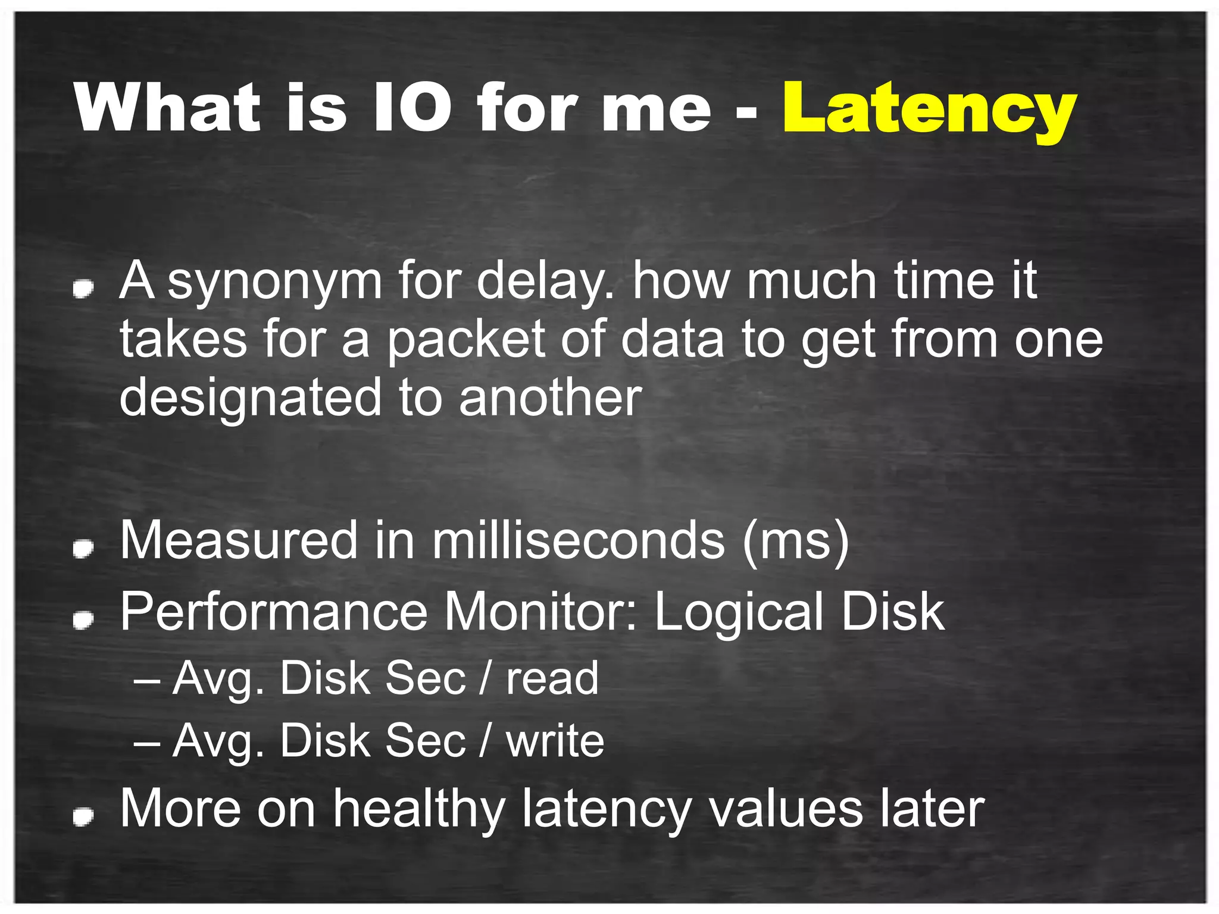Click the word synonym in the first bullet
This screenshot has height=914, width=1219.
pyautogui.click(x=274, y=282)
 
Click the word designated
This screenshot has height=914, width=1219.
pyautogui.click(x=250, y=399)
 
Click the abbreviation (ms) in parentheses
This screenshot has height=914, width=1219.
pyautogui.click(x=795, y=541)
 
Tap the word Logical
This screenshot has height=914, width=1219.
pyautogui.click(x=738, y=613)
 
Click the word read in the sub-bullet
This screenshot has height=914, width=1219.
pyautogui.click(x=552, y=678)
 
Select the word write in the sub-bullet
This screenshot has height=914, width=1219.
pyautogui.click(x=555, y=741)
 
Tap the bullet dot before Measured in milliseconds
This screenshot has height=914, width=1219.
pyautogui.click(x=83, y=548)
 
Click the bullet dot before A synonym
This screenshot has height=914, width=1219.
pyautogui.click(x=83, y=289)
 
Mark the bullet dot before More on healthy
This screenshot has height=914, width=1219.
pyautogui.click(x=83, y=816)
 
